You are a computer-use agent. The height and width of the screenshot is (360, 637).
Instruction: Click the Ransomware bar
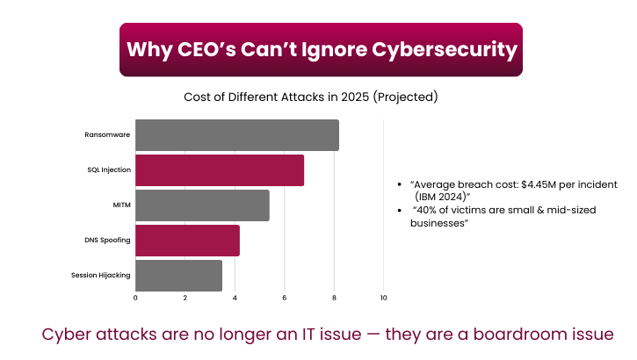click(x=237, y=135)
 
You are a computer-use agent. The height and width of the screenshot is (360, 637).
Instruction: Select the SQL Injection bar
click(x=220, y=170)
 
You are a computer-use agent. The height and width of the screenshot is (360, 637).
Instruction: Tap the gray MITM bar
click(x=202, y=205)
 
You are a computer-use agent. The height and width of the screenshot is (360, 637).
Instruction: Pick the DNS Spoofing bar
click(x=187, y=241)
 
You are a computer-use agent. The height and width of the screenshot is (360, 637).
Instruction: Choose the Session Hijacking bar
click(x=178, y=275)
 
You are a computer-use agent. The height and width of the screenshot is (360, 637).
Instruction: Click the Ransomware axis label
click(x=107, y=135)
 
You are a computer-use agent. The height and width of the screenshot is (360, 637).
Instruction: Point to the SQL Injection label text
click(x=108, y=170)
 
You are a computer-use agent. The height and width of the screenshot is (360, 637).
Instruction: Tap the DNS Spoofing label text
click(x=107, y=241)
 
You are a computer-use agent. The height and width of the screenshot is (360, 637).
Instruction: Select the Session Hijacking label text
click(x=101, y=275)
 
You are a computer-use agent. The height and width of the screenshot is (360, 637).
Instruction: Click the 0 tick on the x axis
click(x=135, y=299)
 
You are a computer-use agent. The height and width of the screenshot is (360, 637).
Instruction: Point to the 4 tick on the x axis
click(x=235, y=299)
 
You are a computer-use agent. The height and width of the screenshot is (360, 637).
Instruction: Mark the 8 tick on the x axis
click(x=334, y=299)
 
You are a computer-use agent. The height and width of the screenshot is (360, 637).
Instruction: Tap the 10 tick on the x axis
click(x=383, y=299)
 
